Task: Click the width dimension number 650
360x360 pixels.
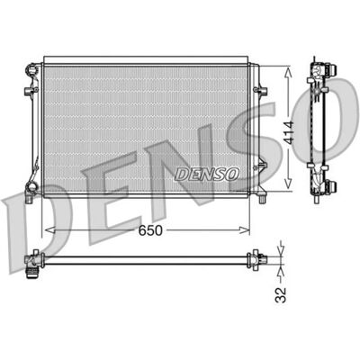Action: [x=150, y=230]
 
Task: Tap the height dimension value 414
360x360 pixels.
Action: [x=290, y=133]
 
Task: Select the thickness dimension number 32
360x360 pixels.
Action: [x=281, y=295]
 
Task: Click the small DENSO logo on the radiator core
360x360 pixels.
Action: [x=207, y=174]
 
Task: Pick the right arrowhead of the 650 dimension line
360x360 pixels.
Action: [x=244, y=230]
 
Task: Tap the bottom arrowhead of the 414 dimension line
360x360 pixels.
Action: [x=288, y=184]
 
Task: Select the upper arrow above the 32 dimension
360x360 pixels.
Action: [x=281, y=248]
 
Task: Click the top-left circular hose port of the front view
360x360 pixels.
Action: [x=31, y=69]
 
